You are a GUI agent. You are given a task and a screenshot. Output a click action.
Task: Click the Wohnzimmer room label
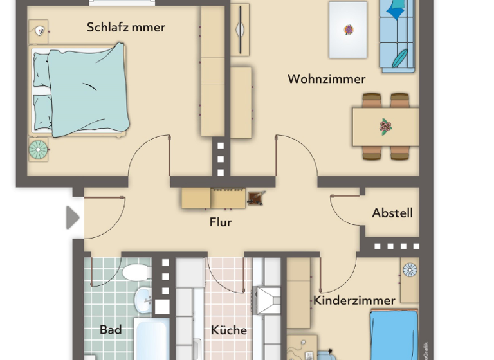(x=326, y=79)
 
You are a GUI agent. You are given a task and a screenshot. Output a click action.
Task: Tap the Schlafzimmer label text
(x=126, y=27)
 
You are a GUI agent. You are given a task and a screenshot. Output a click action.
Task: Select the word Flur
(x=220, y=222)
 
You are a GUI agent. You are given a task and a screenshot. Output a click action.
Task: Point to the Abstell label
(x=392, y=213)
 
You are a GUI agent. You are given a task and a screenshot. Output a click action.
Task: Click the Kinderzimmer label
(x=354, y=300)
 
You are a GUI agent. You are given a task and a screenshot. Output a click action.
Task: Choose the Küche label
(x=229, y=330)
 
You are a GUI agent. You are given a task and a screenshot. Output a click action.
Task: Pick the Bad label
(x=111, y=330)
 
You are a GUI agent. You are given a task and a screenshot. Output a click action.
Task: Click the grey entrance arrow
(x=73, y=218)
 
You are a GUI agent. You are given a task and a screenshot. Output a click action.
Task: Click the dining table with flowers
(x=385, y=127)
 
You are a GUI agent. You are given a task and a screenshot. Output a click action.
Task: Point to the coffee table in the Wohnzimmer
(x=348, y=30)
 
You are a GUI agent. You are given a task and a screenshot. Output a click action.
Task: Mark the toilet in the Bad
(x=136, y=273)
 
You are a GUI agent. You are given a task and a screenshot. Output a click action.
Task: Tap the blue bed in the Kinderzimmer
(x=394, y=334)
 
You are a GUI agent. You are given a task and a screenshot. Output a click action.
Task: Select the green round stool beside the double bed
(x=38, y=150)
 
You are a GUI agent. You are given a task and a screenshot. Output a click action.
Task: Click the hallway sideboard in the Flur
(x=213, y=198)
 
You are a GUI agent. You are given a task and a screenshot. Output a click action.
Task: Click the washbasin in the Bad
(x=143, y=300)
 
